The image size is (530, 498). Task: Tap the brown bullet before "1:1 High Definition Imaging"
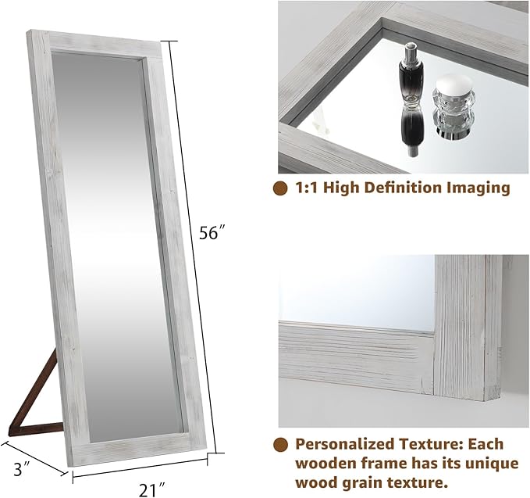pos(279,188)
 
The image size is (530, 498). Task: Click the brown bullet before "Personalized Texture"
pos(279,444)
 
